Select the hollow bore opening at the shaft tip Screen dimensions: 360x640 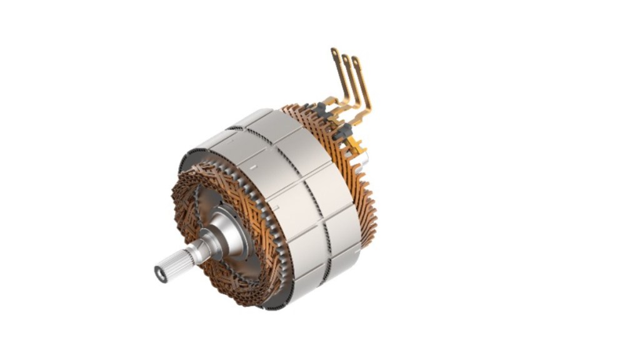click(x=161, y=274)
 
